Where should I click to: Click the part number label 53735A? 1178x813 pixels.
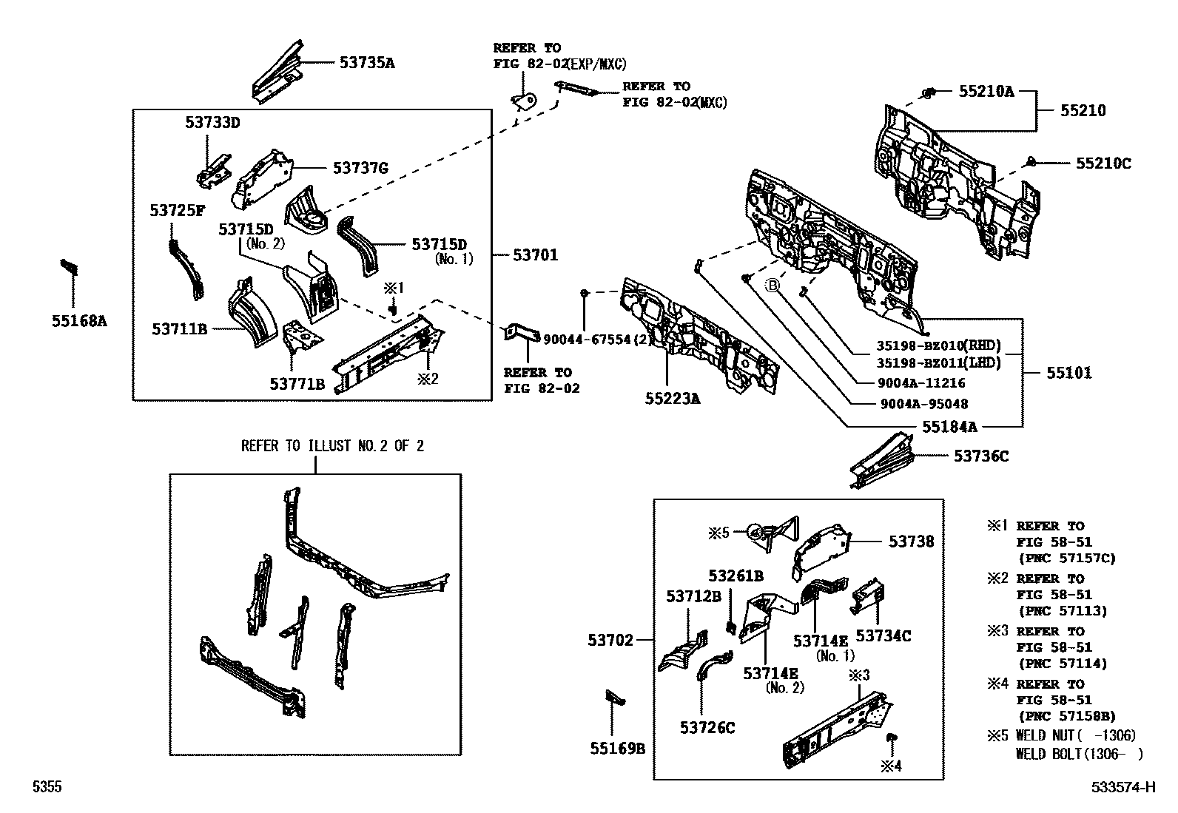(367, 63)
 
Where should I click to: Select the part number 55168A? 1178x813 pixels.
(79, 321)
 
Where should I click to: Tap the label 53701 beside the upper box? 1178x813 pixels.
(536, 255)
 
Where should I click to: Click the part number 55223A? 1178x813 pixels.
(672, 399)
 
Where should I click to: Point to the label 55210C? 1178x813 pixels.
(1103, 163)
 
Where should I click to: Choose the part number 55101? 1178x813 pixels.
(1068, 373)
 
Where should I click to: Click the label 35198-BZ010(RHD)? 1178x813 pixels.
(938, 345)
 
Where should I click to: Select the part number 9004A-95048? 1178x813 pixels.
(923, 404)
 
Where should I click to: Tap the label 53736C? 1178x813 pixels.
(980, 456)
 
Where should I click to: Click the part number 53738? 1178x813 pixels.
(911, 542)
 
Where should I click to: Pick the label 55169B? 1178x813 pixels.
(617, 749)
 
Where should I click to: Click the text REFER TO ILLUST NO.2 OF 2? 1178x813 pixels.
(332, 446)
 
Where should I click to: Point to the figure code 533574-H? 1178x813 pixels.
(1123, 787)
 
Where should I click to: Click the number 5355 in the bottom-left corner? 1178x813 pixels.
(46, 787)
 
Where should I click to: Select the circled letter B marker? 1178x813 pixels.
(773, 285)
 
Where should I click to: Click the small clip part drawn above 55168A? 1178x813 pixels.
(70, 266)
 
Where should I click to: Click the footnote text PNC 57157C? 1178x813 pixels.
(1066, 558)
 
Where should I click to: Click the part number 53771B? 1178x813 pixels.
(297, 384)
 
